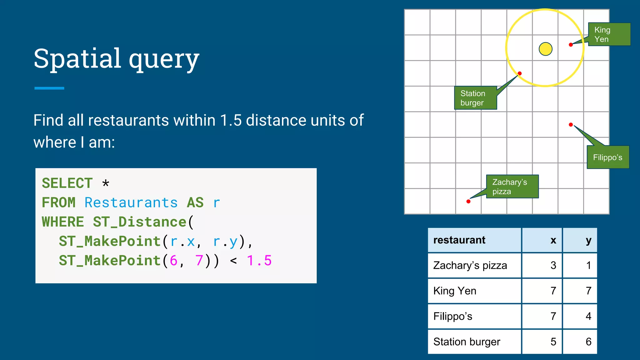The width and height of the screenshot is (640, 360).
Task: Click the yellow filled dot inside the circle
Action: tap(546, 49)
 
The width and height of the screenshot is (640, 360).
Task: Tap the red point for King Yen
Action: tap(571, 45)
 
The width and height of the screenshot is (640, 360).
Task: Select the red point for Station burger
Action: tap(520, 73)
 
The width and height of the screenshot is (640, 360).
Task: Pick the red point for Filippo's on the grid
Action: tap(571, 125)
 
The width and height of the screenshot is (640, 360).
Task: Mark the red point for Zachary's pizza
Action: tap(468, 202)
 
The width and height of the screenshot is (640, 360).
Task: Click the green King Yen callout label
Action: tap(609, 34)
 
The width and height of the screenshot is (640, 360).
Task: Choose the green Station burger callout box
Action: tap(475, 98)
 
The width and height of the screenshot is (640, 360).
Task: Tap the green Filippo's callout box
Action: tap(608, 157)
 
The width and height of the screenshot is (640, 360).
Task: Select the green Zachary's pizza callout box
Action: tap(512, 187)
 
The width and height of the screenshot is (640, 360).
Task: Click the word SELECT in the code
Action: tap(67, 183)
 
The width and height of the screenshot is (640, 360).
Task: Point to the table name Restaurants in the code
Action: tap(131, 202)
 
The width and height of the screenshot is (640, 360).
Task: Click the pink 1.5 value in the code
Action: tap(259, 260)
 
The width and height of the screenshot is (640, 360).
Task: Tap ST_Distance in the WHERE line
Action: tap(140, 222)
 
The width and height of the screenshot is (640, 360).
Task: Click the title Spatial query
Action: tap(116, 58)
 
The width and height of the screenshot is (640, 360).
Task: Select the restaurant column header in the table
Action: tap(474, 240)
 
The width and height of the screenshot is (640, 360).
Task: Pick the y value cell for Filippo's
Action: tap(580, 316)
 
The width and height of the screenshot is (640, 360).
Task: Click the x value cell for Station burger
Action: tap(542, 342)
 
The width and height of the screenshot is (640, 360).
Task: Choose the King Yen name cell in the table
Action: tap(474, 291)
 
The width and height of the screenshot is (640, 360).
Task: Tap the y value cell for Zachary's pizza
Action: tap(580, 265)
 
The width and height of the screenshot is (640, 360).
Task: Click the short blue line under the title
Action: tap(49, 88)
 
